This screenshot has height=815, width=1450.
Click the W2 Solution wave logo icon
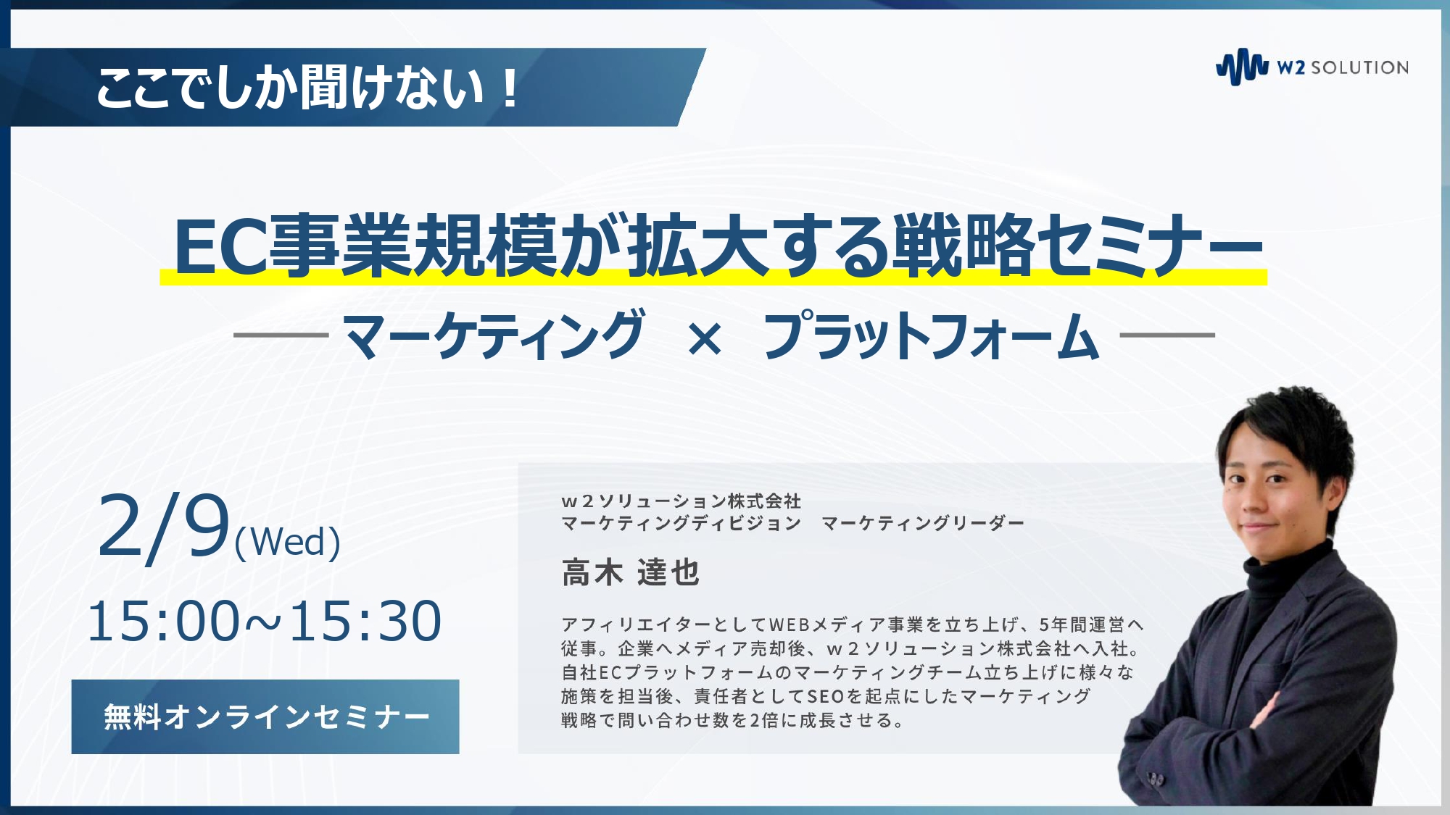pyautogui.click(x=1242, y=67)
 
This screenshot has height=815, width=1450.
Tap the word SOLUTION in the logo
pyautogui.click(x=1360, y=67)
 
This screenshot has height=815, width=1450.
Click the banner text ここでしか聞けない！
pyautogui.click(x=307, y=88)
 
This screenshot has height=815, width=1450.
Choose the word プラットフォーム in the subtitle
pyautogui.click(x=932, y=335)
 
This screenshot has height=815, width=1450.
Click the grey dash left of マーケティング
pyautogui.click(x=281, y=335)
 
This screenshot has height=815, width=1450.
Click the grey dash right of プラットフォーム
pyautogui.click(x=1167, y=335)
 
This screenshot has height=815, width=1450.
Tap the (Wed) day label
pyautogui.click(x=288, y=542)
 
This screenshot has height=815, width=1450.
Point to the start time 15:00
pyautogui.click(x=163, y=622)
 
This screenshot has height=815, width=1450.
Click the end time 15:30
pyautogui.click(x=365, y=622)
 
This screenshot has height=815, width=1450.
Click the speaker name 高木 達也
pyautogui.click(x=630, y=572)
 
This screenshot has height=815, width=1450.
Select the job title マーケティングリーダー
pyautogui.click(x=923, y=523)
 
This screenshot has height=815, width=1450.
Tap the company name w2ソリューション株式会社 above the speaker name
pyautogui.click(x=681, y=501)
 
